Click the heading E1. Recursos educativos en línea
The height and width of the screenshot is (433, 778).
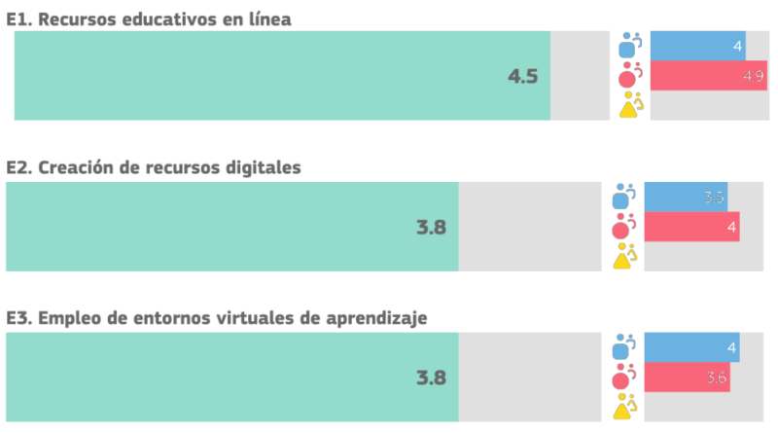coord(149,17)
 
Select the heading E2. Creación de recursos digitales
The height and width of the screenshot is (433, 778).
coord(154,167)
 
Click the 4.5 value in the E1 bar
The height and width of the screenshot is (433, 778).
coord(522,76)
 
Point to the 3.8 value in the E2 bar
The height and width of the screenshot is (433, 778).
coord(431,228)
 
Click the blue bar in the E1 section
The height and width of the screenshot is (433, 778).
coord(697,46)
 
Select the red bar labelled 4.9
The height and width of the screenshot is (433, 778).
coord(708,76)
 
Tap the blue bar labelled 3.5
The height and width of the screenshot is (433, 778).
coord(686,198)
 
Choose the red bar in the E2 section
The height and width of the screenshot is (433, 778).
coord(691,227)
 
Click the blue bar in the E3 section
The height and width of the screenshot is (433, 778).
coord(691,347)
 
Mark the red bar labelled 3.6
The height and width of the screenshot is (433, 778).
coord(687,378)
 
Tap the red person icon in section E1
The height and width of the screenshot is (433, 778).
coord(630,75)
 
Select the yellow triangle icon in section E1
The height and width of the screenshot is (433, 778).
coord(630,104)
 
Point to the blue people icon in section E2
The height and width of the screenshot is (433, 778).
coord(623,197)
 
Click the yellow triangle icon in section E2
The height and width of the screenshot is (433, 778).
coord(624,255)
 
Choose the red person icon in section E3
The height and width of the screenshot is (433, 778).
coord(623,378)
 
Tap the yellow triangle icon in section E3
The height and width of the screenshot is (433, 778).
coord(624,406)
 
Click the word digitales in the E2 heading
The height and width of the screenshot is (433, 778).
coord(263,167)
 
